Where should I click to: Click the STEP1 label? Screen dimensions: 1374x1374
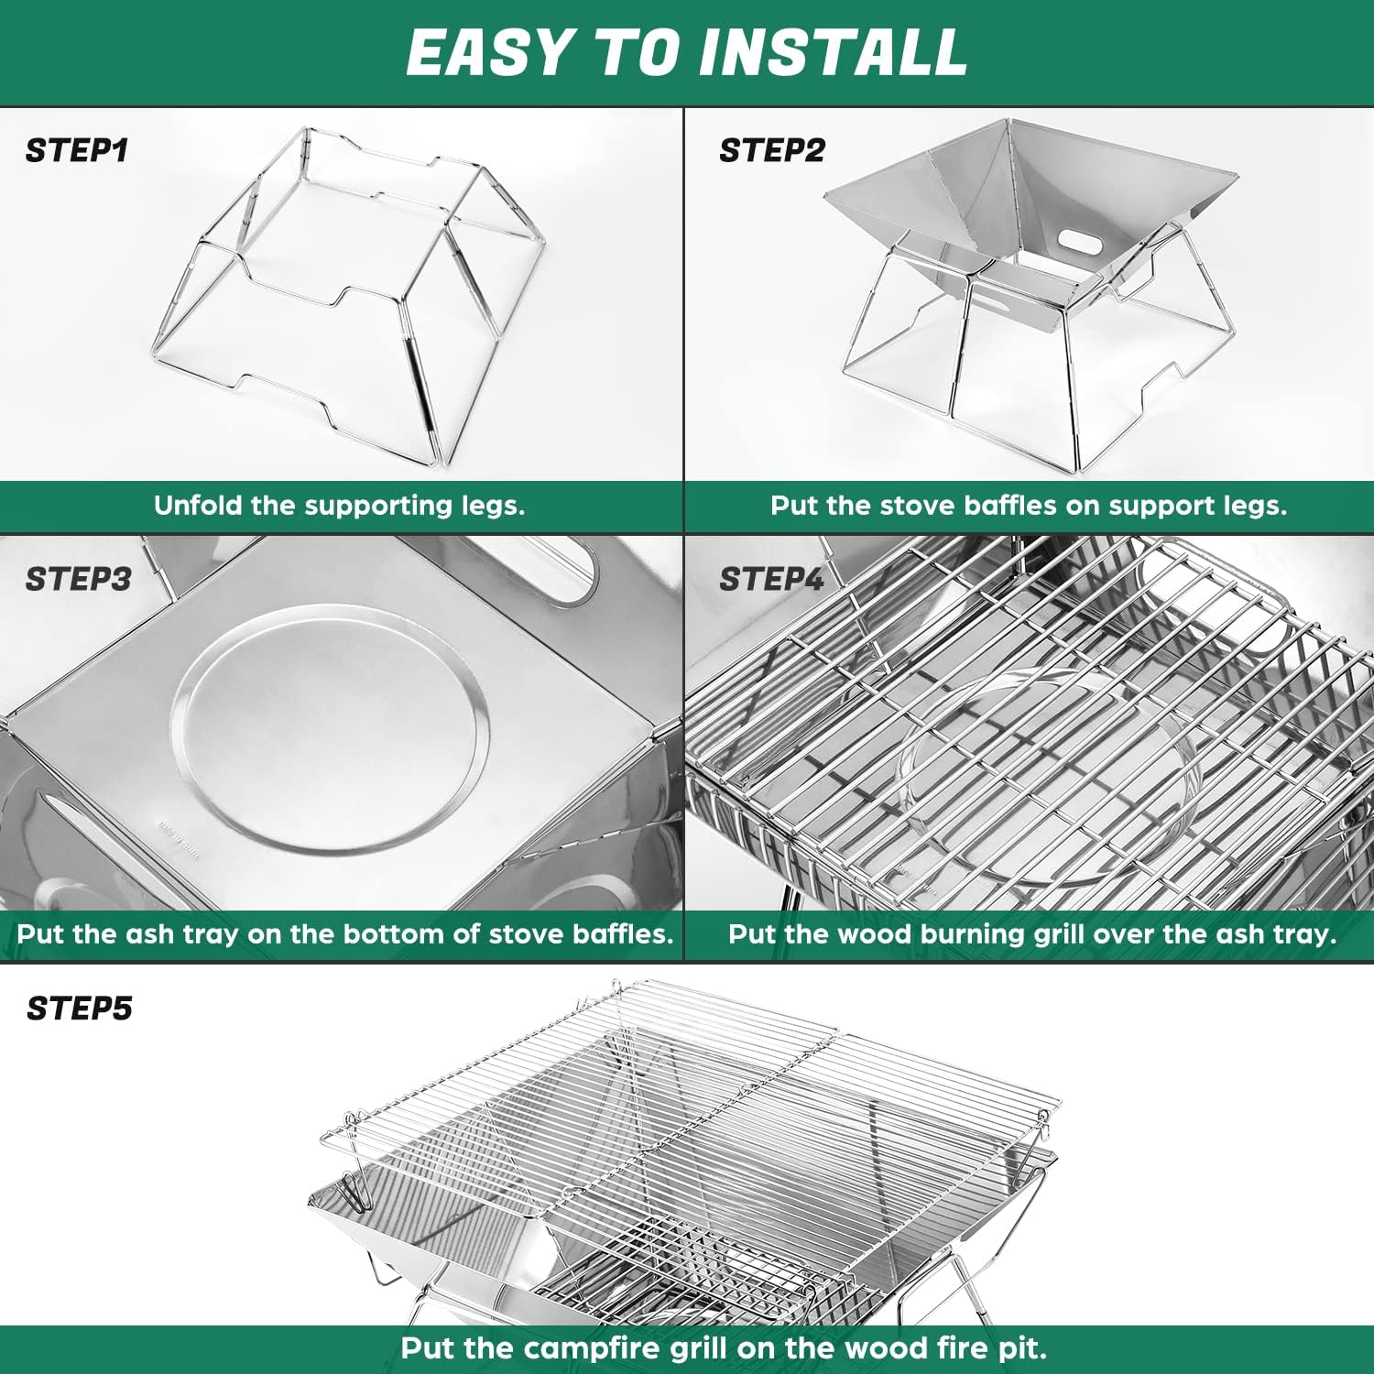[x=76, y=150]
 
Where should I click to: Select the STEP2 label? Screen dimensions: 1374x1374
[x=771, y=150]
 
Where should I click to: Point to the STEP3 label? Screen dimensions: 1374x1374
[x=78, y=579]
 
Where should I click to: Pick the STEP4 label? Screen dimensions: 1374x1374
[x=771, y=579]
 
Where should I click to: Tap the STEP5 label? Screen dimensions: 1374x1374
[x=79, y=1009]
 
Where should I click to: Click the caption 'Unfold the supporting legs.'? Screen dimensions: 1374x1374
[x=339, y=506]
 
